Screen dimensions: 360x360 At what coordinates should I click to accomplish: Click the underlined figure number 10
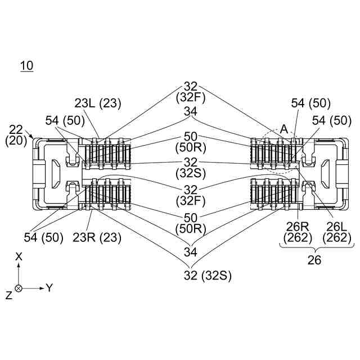(27, 66)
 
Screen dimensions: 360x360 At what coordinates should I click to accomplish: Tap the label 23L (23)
(97, 103)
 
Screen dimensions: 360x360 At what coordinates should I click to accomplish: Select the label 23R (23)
(97, 237)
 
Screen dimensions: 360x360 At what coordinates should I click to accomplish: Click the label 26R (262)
(298, 232)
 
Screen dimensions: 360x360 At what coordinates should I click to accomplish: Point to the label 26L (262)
(336, 232)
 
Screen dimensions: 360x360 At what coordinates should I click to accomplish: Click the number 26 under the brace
(314, 260)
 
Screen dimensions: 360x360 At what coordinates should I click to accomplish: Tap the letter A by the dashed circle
(284, 129)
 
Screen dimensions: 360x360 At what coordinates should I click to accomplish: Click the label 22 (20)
(16, 135)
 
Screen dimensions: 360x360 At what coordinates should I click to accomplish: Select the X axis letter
(19, 256)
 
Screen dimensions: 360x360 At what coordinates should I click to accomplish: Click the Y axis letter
(49, 287)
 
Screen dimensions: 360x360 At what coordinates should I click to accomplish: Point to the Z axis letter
(9, 295)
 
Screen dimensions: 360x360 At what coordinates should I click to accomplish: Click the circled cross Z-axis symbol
(19, 288)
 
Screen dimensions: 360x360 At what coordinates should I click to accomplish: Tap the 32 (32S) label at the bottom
(208, 275)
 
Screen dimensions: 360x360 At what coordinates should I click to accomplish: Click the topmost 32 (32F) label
(191, 92)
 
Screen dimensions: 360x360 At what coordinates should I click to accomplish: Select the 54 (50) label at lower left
(43, 237)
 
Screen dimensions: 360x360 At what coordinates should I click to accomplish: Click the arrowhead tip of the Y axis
(44, 288)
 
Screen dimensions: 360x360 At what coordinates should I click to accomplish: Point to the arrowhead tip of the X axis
(19, 263)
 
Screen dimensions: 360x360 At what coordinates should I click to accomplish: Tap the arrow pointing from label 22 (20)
(30, 134)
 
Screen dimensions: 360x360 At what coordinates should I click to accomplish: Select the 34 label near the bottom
(191, 252)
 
